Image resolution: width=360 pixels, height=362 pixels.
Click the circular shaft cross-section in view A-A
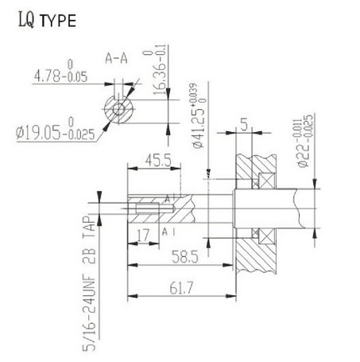click(x=119, y=108)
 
